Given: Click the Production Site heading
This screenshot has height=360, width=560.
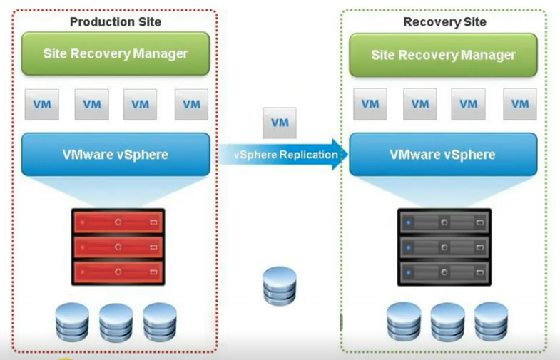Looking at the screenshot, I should (x=116, y=21).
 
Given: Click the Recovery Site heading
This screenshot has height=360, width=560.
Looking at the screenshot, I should (x=444, y=21).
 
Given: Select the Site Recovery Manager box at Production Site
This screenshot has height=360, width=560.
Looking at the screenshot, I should (x=116, y=53).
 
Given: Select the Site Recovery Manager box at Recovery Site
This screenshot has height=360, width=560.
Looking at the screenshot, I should (x=444, y=55).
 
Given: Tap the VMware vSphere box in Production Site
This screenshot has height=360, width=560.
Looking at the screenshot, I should (x=116, y=154).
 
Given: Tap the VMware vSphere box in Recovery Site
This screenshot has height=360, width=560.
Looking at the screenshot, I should (x=442, y=154).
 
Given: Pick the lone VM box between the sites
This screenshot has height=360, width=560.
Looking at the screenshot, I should (x=280, y=123).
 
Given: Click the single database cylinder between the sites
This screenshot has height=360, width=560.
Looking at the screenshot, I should (x=278, y=286).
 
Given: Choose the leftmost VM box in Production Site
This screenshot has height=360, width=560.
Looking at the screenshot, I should (x=42, y=104).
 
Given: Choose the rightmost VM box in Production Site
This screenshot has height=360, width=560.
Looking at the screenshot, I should (x=191, y=104).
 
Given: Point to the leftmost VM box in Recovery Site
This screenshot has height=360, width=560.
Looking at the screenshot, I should (x=370, y=104).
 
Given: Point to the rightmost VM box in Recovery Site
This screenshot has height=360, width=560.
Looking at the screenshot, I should (x=520, y=104).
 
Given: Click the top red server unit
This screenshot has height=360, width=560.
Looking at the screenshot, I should (x=118, y=222).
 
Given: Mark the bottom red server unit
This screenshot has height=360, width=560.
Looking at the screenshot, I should (x=118, y=272).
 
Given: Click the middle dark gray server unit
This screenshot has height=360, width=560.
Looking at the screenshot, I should (x=444, y=247).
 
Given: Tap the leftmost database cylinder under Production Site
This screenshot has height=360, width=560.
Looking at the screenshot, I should (x=72, y=322).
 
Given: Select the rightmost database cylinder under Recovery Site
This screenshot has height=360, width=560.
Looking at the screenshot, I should (x=491, y=322).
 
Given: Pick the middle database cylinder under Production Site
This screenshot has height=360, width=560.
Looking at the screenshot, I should (x=116, y=322).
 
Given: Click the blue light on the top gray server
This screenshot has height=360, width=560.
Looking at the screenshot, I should (x=408, y=222).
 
